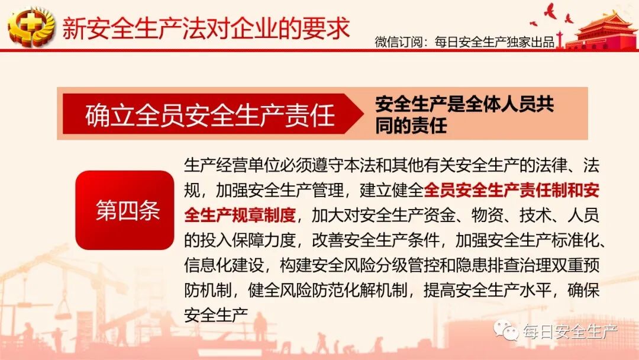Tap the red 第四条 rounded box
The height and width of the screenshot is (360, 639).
[x=125, y=210]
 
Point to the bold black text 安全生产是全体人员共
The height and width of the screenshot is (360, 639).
[x=464, y=104]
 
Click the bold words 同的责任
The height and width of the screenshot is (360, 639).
[x=411, y=126]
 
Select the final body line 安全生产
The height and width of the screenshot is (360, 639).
[x=215, y=314]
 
